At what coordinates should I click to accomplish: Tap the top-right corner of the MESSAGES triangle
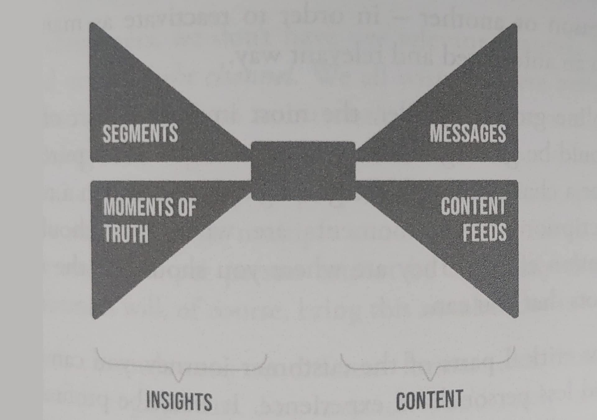(516, 25)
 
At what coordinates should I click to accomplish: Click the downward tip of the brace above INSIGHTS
(179, 381)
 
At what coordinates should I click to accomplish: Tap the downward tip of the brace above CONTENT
(430, 380)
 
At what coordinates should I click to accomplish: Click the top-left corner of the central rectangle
(252, 142)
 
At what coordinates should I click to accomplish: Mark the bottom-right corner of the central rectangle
(355, 199)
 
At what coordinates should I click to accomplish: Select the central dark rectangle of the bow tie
(303, 171)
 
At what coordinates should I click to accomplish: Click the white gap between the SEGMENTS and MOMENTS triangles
(171, 171)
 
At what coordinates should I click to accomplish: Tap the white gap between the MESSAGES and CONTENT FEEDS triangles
(437, 171)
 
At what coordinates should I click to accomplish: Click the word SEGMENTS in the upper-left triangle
(140, 133)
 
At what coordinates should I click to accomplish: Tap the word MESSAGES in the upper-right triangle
(468, 133)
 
